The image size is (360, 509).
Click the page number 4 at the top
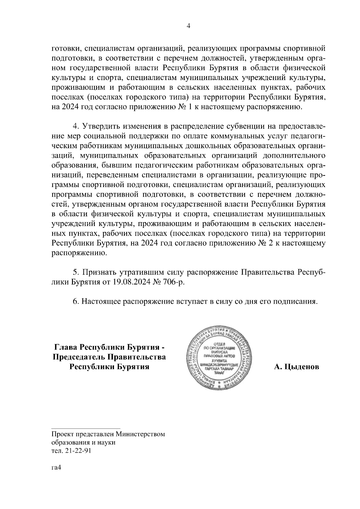pyautogui.click(x=188, y=26)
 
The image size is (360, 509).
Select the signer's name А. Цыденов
pyautogui.click(x=296, y=367)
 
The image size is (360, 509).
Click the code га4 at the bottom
pyautogui.click(x=56, y=468)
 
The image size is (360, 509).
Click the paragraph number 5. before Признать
pyautogui.click(x=76, y=272)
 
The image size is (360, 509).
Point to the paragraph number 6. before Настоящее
pyautogui.click(x=76, y=301)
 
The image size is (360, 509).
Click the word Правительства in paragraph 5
pyautogui.click(x=268, y=272)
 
